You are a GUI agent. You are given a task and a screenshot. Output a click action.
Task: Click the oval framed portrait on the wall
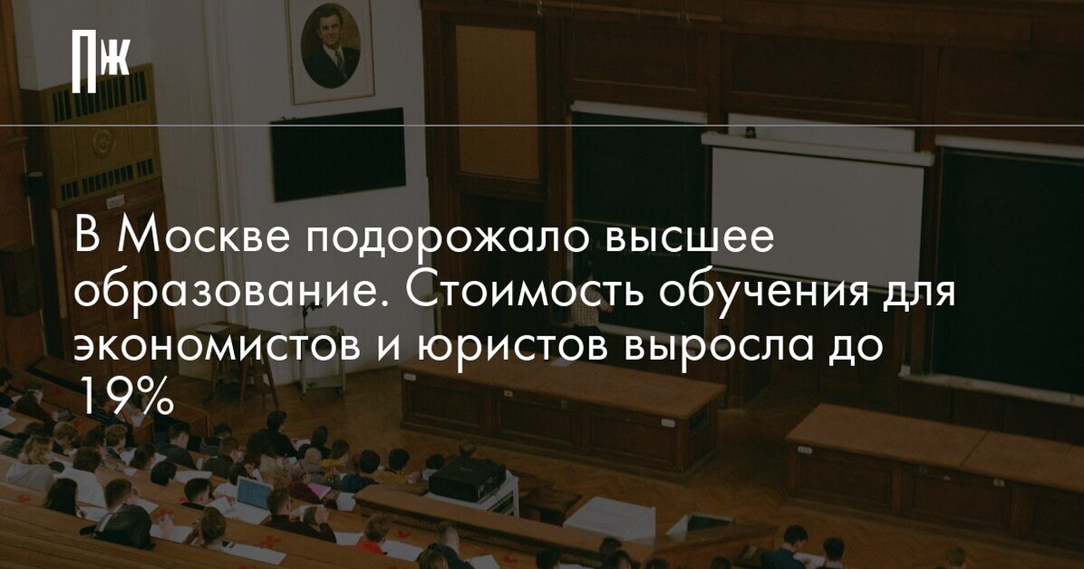[x=331, y=48]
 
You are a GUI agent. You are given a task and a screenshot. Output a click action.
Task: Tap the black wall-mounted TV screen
[x=338, y=153]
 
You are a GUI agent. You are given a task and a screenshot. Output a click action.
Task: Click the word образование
[x=233, y=294]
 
